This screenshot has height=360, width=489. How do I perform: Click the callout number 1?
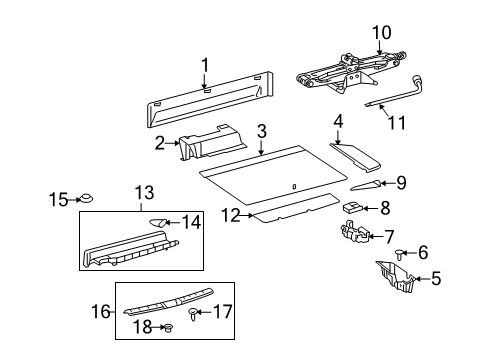tap(204, 66)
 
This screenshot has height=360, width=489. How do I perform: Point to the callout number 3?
tap(261, 131)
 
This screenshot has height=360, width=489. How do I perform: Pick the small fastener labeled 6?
tap(374, 254)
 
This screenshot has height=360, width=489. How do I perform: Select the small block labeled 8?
tap(352, 208)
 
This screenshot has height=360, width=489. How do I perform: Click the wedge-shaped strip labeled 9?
tap(367, 185)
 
